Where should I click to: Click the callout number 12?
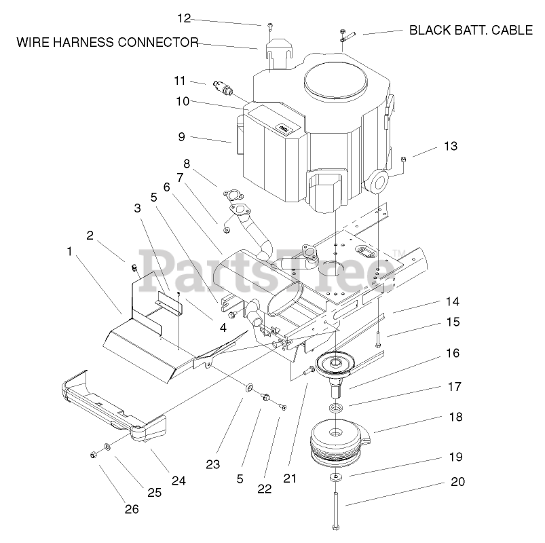pyautogui.click(x=185, y=17)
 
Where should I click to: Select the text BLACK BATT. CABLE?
pyautogui.click(x=472, y=30)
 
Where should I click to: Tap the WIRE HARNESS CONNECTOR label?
pyautogui.click(x=107, y=43)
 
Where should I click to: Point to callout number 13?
pyautogui.click(x=451, y=146)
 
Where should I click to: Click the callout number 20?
pyautogui.click(x=458, y=483)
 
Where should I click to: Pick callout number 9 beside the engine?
pyautogui.click(x=181, y=136)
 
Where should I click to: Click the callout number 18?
pyautogui.click(x=455, y=417)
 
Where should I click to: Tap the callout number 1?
pyautogui.click(x=69, y=251)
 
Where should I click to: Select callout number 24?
pyautogui.click(x=178, y=481)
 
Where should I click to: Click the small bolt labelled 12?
pyautogui.click(x=269, y=26)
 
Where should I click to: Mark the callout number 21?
pyautogui.click(x=290, y=478)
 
